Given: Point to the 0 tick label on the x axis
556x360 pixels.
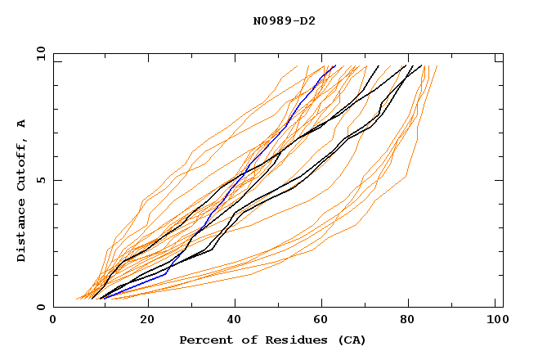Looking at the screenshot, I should point(53,321).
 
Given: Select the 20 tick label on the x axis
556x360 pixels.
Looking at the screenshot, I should point(147,321).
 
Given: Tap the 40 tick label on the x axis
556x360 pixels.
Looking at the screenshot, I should point(235,321).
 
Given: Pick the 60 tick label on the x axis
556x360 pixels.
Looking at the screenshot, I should point(324,321).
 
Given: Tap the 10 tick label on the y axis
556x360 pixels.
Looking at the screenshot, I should point(38,53).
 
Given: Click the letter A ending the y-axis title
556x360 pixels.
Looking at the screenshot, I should point(21,123).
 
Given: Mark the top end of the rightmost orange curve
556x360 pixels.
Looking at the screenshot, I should point(437,66).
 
